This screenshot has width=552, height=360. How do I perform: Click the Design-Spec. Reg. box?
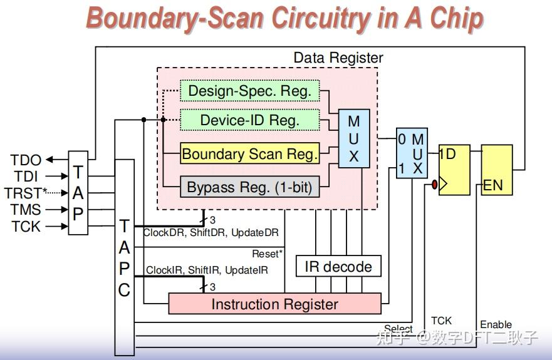[250, 91]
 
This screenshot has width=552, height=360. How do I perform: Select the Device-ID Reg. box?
[250, 120]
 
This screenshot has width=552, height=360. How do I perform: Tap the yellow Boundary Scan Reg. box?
[250, 153]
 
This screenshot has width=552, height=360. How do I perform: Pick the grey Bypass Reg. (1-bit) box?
[250, 187]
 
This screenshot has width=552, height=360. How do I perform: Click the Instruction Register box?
[274, 304]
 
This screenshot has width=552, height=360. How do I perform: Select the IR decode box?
[338, 267]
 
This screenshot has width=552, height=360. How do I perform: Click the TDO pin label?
[26, 160]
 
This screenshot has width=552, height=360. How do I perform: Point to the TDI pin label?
[27, 177]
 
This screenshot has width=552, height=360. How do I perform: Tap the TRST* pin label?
[26, 193]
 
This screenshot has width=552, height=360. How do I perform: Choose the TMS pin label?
[26, 210]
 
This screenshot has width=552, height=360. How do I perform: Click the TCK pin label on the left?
[26, 227]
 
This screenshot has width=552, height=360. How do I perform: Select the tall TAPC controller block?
[125, 257]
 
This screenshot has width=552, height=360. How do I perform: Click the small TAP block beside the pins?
[78, 193]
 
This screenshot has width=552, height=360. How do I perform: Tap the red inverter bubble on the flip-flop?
[434, 185]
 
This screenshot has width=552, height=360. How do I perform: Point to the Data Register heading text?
[338, 58]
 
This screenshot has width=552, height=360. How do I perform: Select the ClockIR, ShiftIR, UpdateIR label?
[207, 270]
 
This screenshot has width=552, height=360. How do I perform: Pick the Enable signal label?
[496, 324]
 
